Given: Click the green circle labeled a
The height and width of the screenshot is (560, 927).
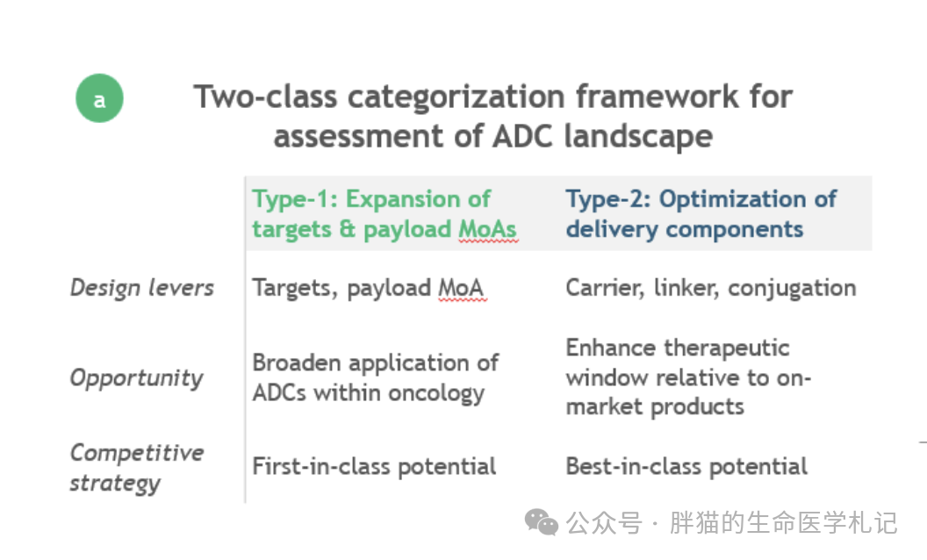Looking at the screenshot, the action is pos(99,98).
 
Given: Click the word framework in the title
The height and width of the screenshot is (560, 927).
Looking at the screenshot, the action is pos(658,97).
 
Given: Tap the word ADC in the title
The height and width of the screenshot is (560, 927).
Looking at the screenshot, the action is pos(523,136).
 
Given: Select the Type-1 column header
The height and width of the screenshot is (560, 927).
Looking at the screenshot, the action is pos(384,213).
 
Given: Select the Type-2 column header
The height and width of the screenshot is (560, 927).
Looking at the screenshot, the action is pos(701,213).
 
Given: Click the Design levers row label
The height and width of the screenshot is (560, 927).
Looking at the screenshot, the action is pos(142,288).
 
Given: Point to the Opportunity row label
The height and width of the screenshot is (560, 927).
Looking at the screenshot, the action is pos(137,377).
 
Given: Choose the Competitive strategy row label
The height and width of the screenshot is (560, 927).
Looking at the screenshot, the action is pos(137,468).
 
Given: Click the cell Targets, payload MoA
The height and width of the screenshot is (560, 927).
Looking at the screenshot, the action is pos(368,288).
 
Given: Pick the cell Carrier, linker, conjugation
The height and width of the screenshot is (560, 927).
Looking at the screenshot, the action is pos(711,288).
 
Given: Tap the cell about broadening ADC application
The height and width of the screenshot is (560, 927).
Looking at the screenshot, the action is pos(376,377).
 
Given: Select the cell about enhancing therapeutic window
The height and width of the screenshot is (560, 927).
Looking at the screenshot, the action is pos(688,377).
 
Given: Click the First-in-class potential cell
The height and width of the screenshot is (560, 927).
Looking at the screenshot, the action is pos(374,467).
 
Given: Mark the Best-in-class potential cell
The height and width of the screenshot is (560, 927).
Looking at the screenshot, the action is pos(686,467).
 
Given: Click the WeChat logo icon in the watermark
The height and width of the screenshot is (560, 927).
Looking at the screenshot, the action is pos(542,522).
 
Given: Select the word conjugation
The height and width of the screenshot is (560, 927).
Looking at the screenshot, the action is pos(792,289).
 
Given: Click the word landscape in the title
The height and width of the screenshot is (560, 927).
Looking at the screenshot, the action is pos(638,136).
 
